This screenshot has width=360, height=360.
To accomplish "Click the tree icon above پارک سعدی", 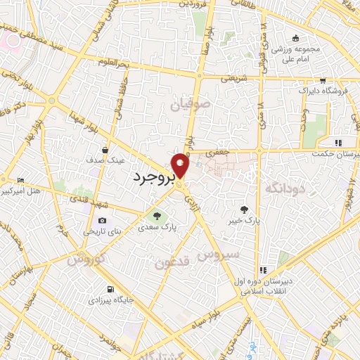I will pos(157,216).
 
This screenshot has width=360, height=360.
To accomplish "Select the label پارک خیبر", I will pos(243,221).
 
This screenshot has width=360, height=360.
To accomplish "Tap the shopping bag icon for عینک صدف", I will pos(105,149).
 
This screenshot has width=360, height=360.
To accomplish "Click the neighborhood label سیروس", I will pos(217,253).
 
